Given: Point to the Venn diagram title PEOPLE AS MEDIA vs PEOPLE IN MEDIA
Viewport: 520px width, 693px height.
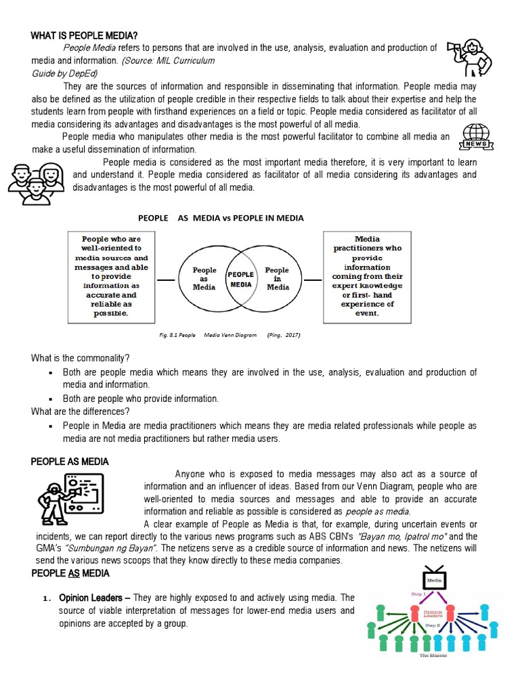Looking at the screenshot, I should pyautogui.click(x=221, y=218).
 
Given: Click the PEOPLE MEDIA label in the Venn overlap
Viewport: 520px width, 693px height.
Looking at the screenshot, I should pyautogui.click(x=241, y=280).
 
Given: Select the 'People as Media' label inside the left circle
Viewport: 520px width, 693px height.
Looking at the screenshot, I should pyautogui.click(x=204, y=278).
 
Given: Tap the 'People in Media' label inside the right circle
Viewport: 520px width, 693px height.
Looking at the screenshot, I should pyautogui.click(x=277, y=278).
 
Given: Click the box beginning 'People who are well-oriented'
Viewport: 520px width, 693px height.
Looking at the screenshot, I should pyautogui.click(x=110, y=276).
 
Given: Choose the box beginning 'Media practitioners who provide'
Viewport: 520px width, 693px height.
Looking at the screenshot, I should pyautogui.click(x=366, y=276).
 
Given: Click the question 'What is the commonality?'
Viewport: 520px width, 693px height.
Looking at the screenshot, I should pyautogui.click(x=81, y=358).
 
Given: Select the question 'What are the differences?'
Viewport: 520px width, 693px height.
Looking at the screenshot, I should pyautogui.click(x=81, y=411).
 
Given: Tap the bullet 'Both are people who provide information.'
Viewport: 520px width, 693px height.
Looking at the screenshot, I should pyautogui.click(x=141, y=399).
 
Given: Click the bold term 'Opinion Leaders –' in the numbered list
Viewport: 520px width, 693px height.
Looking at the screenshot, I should pyautogui.click(x=94, y=598).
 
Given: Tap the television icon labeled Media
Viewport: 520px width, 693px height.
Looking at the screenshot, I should pyautogui.click(x=433, y=577).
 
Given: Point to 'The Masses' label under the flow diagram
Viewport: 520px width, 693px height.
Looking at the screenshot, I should pyautogui.click(x=435, y=656).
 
